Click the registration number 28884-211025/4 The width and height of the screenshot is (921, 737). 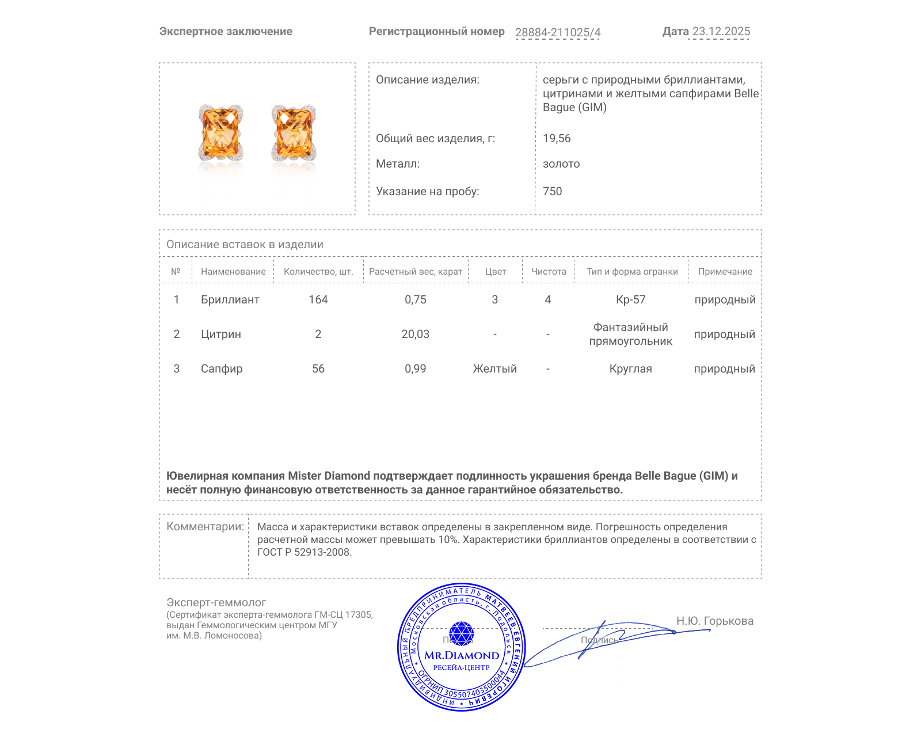tap(557, 32)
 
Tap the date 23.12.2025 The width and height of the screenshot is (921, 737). tap(721, 32)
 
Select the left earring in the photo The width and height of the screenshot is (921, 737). tap(220, 133)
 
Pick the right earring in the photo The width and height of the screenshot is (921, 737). tap(294, 133)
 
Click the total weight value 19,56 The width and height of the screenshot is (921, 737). tap(557, 138)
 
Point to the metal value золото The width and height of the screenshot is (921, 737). tap(561, 164)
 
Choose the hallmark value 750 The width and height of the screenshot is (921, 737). tap(552, 191)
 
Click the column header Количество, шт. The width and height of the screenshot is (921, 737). tap(318, 271)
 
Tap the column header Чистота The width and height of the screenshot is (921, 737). tap(549, 271)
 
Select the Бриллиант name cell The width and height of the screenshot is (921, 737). tap(230, 299)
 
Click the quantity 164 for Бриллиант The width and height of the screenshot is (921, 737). tap(318, 299)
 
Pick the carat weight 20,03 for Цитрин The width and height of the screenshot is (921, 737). tap(415, 334)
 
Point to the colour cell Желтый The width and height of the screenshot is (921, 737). tap(494, 368)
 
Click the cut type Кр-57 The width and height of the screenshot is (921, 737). tap(630, 299)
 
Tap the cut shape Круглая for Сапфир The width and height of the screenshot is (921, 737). tap(630, 368)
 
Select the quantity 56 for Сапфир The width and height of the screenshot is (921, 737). tap(318, 368)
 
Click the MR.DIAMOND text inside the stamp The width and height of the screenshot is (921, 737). tap(462, 655)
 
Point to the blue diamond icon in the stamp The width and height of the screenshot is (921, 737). tap(461, 633)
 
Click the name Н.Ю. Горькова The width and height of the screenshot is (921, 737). tap(714, 621)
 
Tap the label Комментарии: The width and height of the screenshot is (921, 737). tap(205, 526)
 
